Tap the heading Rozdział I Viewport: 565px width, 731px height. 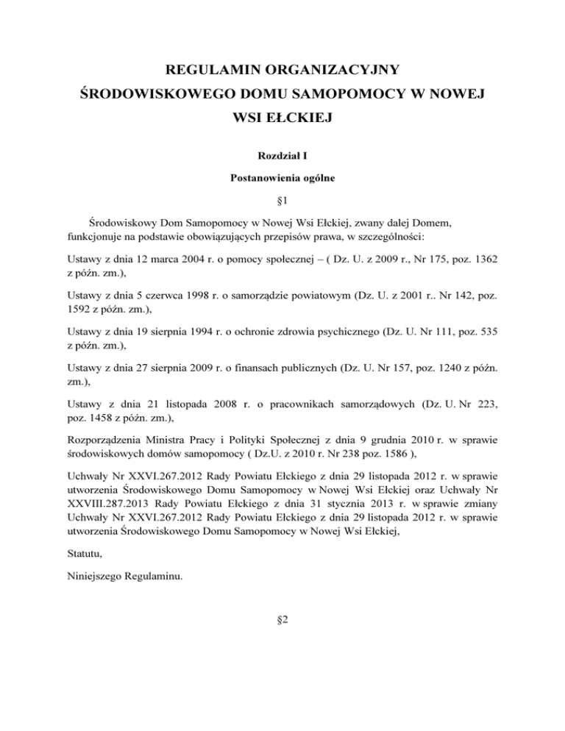click(x=282, y=157)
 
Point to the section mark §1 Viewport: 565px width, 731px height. click(x=282, y=199)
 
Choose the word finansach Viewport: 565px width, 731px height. click(x=254, y=381)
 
